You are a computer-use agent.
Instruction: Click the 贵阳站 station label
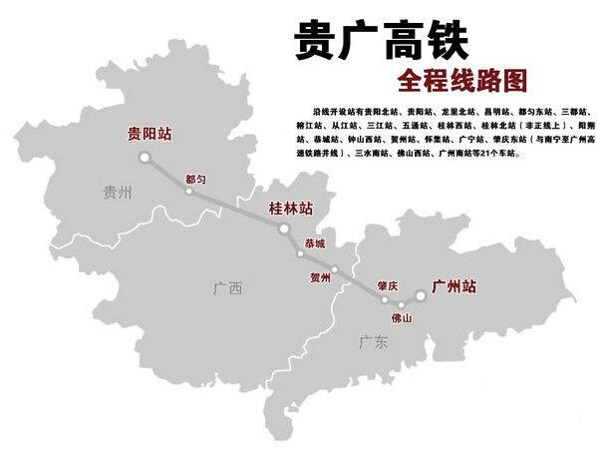pyautogui.click(x=150, y=133)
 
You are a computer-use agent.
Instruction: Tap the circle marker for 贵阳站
pyautogui.click(x=145, y=157)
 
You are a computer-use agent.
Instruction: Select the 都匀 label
pyautogui.click(x=196, y=178)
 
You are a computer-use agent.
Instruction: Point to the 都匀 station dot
pyautogui.click(x=189, y=191)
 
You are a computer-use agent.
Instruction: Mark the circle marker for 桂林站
pyautogui.click(x=284, y=229)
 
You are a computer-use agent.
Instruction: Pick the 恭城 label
pyautogui.click(x=315, y=242)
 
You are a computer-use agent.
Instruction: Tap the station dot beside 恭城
pyautogui.click(x=300, y=253)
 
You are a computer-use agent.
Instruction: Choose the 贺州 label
pyautogui.click(x=319, y=278)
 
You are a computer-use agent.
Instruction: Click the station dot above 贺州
pyautogui.click(x=335, y=269)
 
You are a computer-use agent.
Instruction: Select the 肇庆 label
pyautogui.click(x=387, y=285)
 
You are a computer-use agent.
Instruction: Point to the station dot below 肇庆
pyautogui.click(x=385, y=298)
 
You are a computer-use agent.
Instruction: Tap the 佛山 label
pyautogui.click(x=402, y=318)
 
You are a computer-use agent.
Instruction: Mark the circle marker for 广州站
pyautogui.click(x=420, y=295)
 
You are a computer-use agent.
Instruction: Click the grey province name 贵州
pyautogui.click(x=117, y=194)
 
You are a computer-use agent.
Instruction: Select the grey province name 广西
pyautogui.click(x=227, y=289)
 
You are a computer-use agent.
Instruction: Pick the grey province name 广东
pyautogui.click(x=373, y=342)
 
